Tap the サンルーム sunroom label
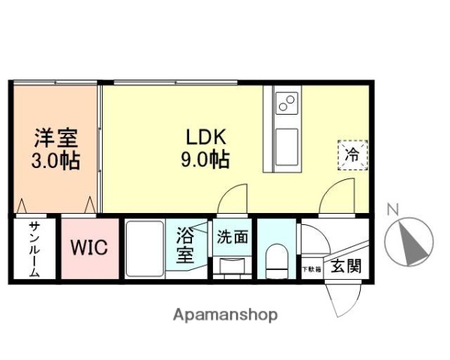(34, 250)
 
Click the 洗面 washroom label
(232, 238)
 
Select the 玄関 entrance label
(346, 265)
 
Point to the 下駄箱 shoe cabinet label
(312, 268)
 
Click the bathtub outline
(144, 248)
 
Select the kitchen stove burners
(286, 103)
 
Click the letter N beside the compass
(391, 210)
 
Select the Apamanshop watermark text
(225, 315)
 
